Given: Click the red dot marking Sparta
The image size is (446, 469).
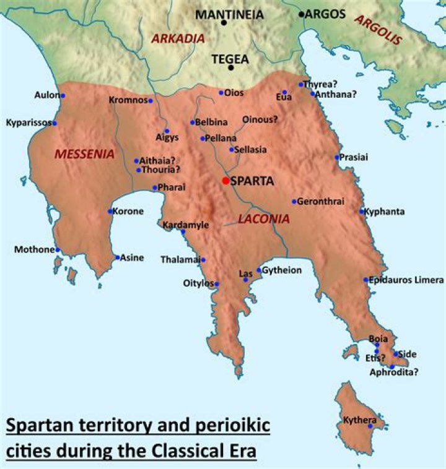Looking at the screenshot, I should [225, 181].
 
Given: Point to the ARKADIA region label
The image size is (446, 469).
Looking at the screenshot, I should [178, 38].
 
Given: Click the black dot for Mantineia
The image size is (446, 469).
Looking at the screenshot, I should [224, 23].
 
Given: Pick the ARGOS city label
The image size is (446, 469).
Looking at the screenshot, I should [326, 14].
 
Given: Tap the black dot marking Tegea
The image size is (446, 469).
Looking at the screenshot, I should [230, 67].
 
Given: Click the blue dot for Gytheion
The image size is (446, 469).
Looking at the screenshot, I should [259, 270].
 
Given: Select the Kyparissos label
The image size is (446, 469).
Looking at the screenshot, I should [28, 123].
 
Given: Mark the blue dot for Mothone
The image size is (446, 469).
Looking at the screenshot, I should [58, 250].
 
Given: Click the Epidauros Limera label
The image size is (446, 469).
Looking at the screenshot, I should [406, 280].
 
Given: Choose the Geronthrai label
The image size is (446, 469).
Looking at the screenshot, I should [320, 201].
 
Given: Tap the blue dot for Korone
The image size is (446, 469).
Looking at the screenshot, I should [110, 212].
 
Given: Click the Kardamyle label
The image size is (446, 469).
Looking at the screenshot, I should [186, 225].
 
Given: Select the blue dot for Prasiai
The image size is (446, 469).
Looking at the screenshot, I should [338, 157].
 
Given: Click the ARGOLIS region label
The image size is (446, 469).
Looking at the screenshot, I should [378, 27].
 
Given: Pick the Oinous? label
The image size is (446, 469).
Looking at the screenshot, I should [260, 119].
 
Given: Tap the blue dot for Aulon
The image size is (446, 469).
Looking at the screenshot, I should [63, 95].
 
